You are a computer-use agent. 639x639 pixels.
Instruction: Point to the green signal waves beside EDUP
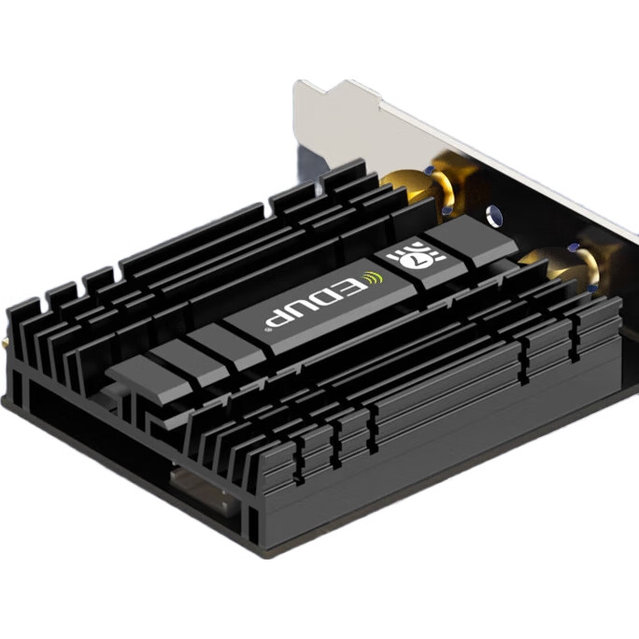(374, 278)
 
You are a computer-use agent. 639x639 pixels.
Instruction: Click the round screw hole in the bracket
(495, 215)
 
